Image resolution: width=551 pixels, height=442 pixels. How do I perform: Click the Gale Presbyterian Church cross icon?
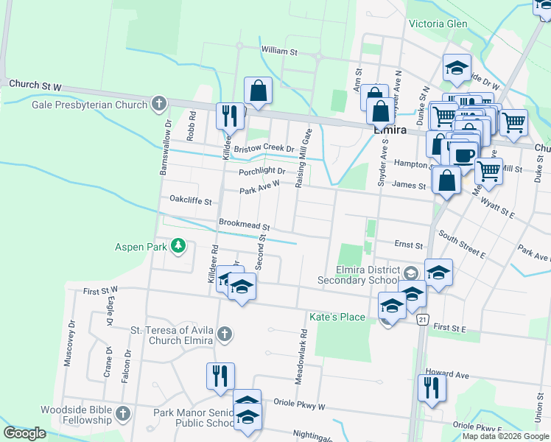(159, 104)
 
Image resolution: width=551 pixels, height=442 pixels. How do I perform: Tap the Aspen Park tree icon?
(178, 246)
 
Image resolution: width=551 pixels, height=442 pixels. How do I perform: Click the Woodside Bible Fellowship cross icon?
(123, 414)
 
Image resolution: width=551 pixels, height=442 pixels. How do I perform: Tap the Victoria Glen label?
(438, 24)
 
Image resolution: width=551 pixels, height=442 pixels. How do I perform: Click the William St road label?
(279, 52)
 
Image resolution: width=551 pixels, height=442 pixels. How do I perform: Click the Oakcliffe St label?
(191, 200)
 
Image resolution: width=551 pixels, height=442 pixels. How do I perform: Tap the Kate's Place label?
(337, 317)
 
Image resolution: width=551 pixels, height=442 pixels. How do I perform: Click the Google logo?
(25, 433)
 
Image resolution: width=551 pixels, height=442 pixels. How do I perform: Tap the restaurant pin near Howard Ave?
(432, 387)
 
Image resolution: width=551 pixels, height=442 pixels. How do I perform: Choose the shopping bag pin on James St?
(446, 180)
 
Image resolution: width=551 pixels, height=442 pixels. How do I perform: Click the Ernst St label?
(408, 244)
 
